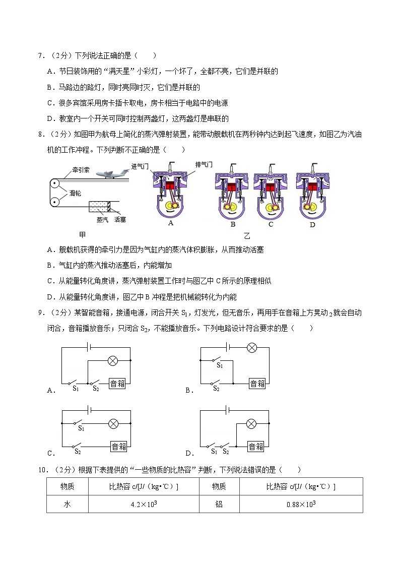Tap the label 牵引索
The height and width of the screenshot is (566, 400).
pyautogui.click(x=80, y=170)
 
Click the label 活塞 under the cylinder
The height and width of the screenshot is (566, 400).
pyautogui.click(x=120, y=219)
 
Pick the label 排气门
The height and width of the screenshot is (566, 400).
pyautogui.click(x=204, y=164)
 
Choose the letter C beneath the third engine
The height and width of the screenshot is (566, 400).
pyautogui.click(x=271, y=224)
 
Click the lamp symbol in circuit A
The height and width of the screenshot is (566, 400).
pyautogui.click(x=113, y=360)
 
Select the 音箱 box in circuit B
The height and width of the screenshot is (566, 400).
pyautogui.click(x=257, y=384)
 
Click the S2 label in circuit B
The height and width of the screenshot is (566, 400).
pyautogui.click(x=216, y=389)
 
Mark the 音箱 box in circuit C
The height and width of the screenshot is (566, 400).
pyautogui.click(x=119, y=446)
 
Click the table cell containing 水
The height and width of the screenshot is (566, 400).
pyautogui.click(x=67, y=504)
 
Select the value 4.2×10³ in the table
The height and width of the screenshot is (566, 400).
pyautogui.click(x=144, y=504)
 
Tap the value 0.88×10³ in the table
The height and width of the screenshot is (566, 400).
pyautogui.click(x=301, y=504)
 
